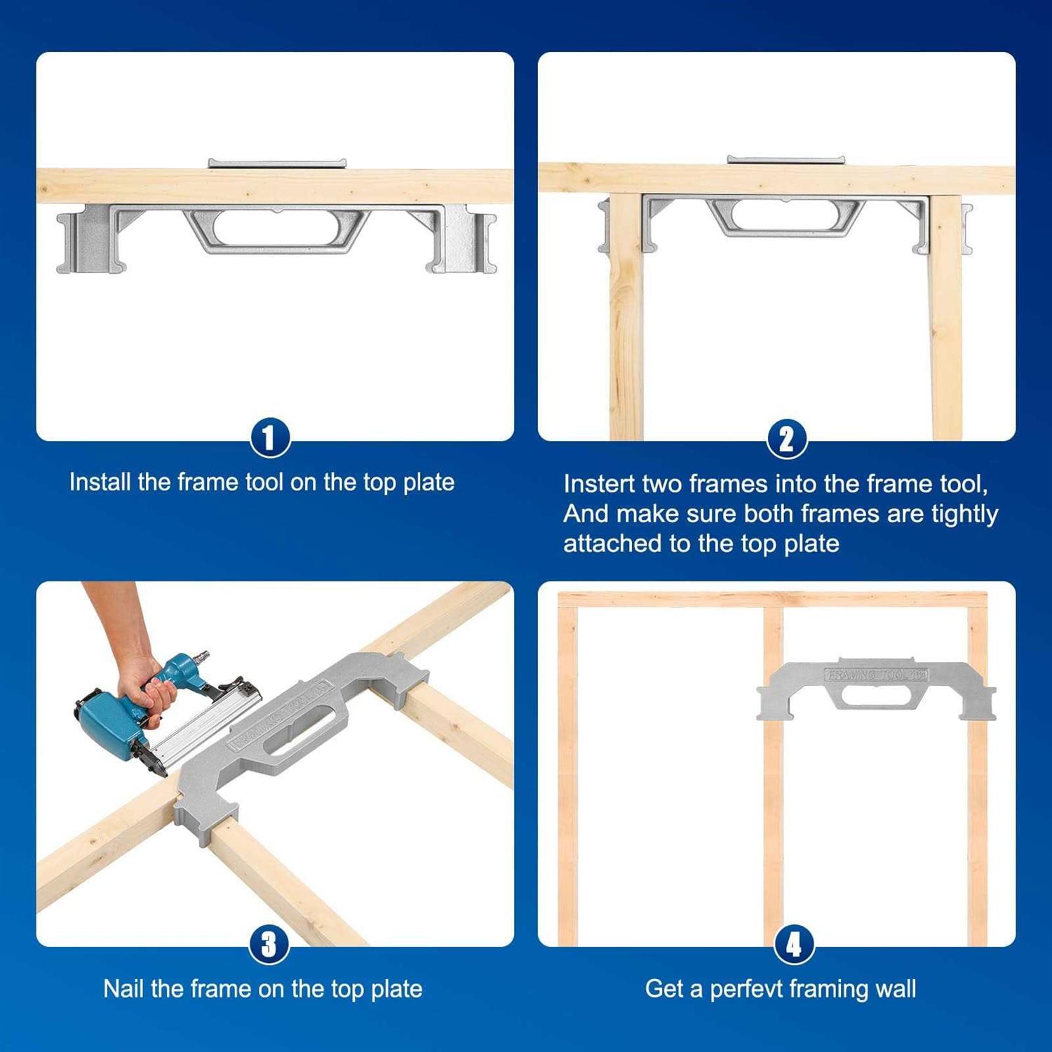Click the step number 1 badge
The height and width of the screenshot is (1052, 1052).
[x=270, y=438]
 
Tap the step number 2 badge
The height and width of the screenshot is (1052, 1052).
[x=787, y=440]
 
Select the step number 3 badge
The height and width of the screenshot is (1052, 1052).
[x=269, y=945]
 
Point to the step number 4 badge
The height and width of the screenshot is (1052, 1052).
[x=794, y=945]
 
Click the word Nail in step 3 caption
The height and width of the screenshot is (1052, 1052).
[x=123, y=989]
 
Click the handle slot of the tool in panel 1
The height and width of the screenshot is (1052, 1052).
[x=277, y=228]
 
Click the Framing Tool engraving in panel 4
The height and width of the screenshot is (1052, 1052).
[x=876, y=675]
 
